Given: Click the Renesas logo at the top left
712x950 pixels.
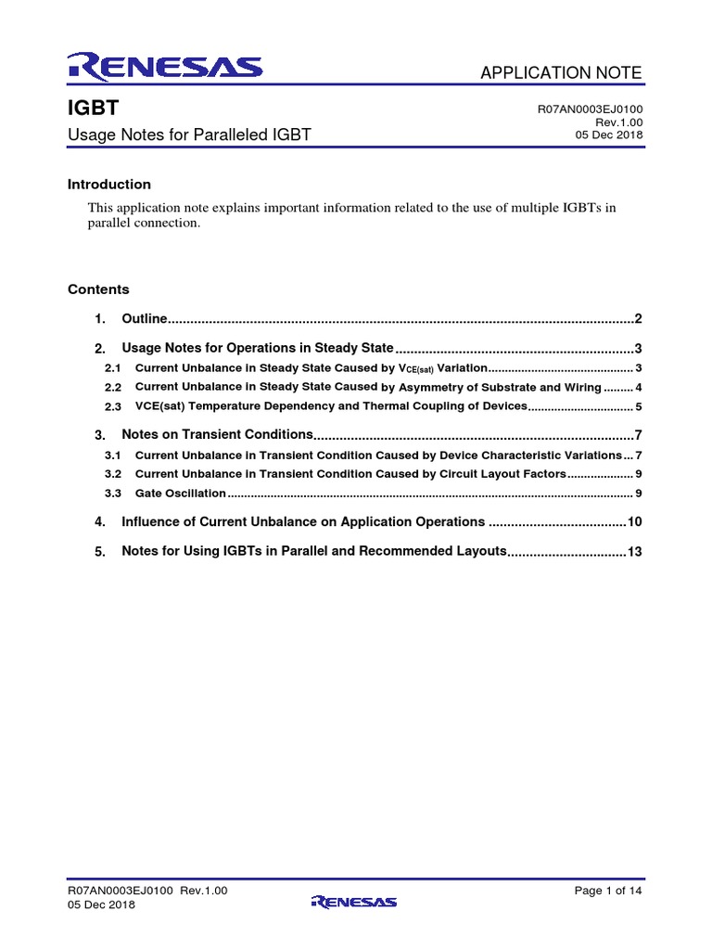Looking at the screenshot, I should point(164,66).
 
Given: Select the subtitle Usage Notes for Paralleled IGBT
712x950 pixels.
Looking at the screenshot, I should point(189,135).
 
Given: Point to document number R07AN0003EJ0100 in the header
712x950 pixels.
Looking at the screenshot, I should point(590,109).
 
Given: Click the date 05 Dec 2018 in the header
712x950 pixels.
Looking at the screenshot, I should point(609,135).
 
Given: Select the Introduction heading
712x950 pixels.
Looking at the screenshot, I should point(109,185).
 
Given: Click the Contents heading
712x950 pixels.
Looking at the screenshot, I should point(98,289).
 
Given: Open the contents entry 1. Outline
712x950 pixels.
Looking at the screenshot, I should point(144,319).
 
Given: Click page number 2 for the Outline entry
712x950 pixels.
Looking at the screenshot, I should point(638,319).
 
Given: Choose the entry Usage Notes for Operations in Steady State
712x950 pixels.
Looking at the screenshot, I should point(258,349).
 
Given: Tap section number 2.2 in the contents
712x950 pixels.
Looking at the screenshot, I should point(112,388).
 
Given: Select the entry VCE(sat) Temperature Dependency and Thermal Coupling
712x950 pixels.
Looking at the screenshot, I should point(330,406).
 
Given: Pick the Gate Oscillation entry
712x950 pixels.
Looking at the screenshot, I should point(180,494).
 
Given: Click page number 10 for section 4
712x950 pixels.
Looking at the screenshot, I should point(634,522).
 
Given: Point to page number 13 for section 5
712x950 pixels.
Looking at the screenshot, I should point(634,552).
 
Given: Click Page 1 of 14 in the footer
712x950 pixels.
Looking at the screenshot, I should point(608,891).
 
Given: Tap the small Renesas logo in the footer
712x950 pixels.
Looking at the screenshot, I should point(355,902).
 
